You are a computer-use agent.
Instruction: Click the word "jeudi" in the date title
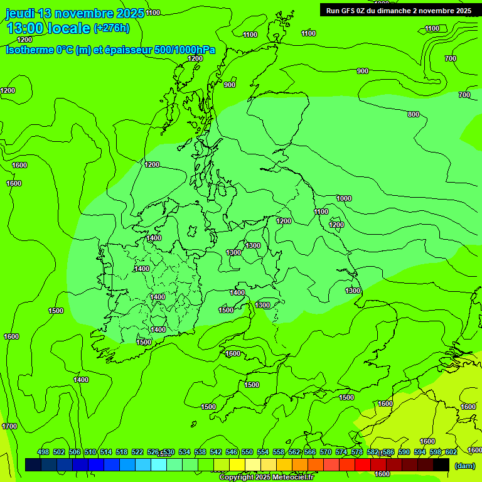[x=20, y=13]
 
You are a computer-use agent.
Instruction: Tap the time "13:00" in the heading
[x=26, y=28]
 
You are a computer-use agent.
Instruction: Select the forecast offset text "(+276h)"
[x=111, y=28]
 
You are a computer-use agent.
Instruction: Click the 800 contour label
[x=413, y=114]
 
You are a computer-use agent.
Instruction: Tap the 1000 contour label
[x=344, y=198]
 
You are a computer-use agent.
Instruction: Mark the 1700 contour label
[x=9, y=426]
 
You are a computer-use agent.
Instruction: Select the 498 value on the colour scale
[x=43, y=452]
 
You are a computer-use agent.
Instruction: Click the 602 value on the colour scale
[x=451, y=452]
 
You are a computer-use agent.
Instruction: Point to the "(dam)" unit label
[x=464, y=466]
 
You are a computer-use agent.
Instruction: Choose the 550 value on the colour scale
[x=247, y=452]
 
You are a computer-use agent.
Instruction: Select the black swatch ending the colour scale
[x=441, y=464]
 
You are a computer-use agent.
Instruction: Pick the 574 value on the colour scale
[x=341, y=452]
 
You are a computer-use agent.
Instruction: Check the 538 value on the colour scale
[x=200, y=452]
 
